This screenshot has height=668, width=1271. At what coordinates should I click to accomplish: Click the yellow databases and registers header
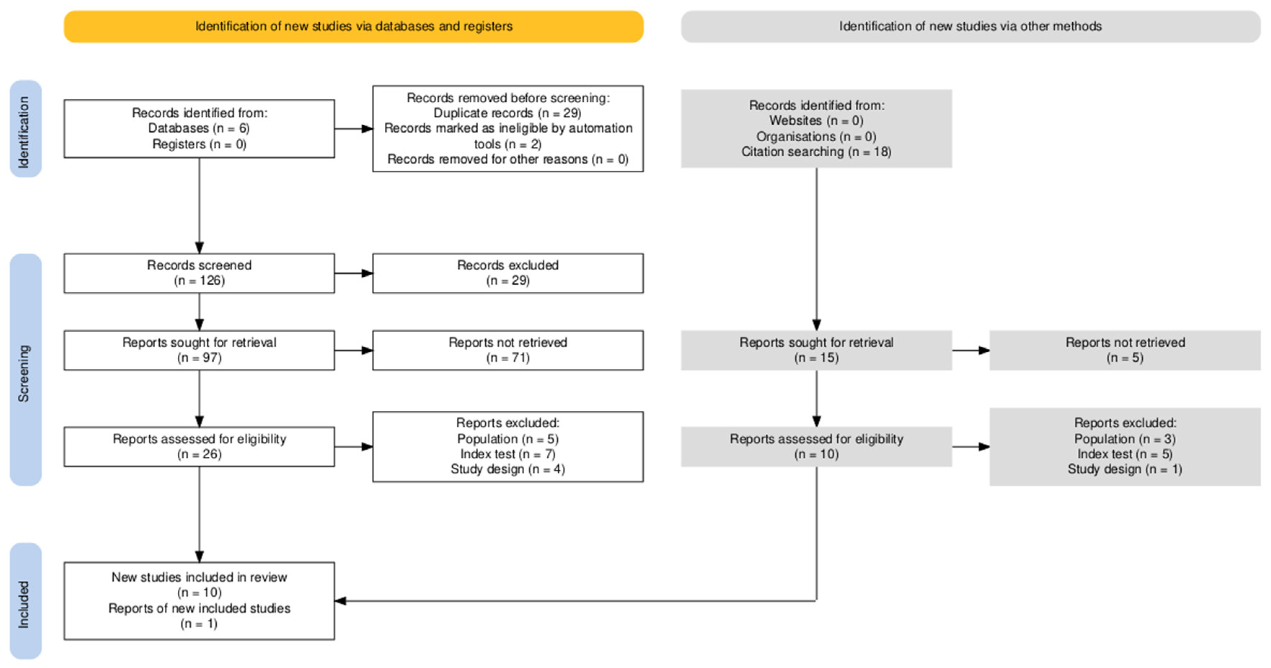tap(353, 27)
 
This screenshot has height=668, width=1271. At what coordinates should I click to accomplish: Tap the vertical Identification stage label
tap(25, 129)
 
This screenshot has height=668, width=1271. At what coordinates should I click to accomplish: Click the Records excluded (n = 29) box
tap(508, 273)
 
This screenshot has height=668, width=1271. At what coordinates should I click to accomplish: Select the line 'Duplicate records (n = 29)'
tap(508, 113)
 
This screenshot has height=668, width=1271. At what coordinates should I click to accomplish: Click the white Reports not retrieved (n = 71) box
tap(508, 350)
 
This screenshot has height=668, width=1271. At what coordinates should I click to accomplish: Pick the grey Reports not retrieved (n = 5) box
tap(1125, 350)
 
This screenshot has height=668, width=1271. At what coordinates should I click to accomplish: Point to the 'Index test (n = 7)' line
tap(508, 454)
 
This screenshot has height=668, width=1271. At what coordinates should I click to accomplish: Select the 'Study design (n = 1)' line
tap(1125, 469)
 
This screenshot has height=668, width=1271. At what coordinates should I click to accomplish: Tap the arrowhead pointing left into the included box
tap(340, 601)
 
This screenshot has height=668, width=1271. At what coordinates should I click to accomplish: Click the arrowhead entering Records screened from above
tap(199, 248)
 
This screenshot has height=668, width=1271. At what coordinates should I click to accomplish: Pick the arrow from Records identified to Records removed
tap(353, 129)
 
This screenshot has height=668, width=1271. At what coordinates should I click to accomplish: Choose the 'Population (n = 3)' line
tap(1125, 439)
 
